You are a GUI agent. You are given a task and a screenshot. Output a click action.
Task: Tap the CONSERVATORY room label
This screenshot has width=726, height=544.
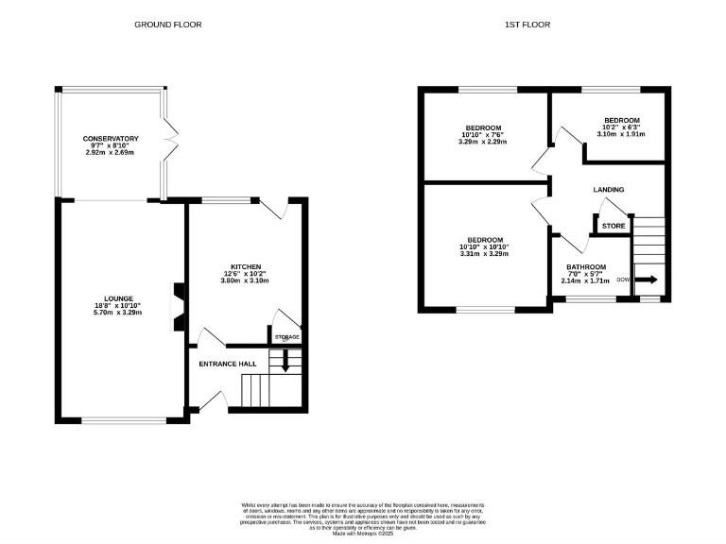(x=110, y=139)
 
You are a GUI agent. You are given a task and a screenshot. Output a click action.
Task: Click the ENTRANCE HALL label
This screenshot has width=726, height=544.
(x=227, y=364)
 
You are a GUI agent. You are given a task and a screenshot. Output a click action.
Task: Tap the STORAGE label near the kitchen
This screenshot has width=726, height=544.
(x=286, y=337)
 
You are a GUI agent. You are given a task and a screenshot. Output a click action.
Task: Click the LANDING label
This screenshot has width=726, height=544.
(x=608, y=190)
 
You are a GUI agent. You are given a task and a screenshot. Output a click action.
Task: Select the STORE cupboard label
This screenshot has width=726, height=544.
(x=614, y=227)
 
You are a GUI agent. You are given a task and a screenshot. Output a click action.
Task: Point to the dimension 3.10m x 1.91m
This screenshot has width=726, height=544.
(x=621, y=134)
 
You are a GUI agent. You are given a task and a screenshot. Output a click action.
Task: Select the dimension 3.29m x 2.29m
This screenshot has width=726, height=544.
(x=482, y=142)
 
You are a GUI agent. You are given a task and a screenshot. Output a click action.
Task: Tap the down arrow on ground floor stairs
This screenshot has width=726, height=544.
(x=286, y=359)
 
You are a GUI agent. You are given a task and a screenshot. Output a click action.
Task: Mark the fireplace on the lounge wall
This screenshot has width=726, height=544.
(x=176, y=309)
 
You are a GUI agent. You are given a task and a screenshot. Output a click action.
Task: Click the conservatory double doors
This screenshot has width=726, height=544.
(x=170, y=143)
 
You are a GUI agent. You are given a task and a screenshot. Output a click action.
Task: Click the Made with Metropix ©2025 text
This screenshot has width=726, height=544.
(x=362, y=533)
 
